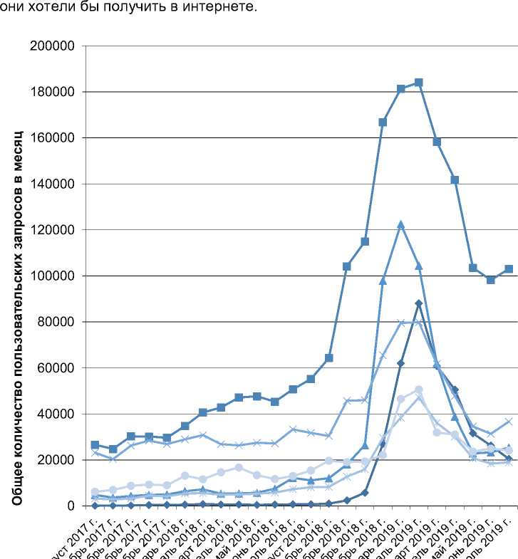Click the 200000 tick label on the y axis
[x=53, y=46]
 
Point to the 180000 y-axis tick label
[x=53, y=92]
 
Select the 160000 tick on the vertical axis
[x=53, y=138]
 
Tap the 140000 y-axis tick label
[x=53, y=184]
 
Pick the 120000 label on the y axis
[x=53, y=230]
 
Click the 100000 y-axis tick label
[x=53, y=276]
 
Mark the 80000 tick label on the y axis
[x=57, y=322]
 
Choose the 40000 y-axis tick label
[x=57, y=414]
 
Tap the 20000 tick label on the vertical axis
[x=57, y=460]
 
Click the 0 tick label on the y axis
[x=72, y=506]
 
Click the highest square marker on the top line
[x=419, y=83]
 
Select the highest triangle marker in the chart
[x=401, y=224]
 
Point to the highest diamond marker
[x=419, y=303]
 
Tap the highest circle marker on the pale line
[x=419, y=390]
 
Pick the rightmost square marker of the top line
[x=509, y=269]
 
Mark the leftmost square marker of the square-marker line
[x=95, y=445]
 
